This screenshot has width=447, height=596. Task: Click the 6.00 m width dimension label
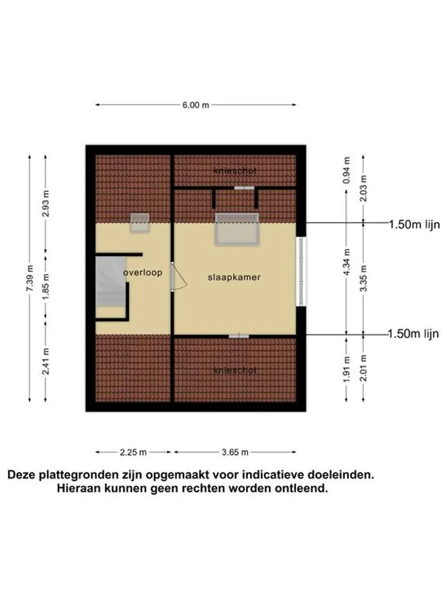[196, 105]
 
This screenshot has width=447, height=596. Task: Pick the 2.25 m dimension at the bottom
[134, 452]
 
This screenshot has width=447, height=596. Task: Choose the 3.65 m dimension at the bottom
[235, 452]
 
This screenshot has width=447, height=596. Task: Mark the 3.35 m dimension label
[363, 278]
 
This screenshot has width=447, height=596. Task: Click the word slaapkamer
[234, 277]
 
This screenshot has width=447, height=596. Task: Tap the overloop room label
[143, 273]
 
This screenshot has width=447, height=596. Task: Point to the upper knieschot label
[235, 171]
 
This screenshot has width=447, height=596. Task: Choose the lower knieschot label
[235, 370]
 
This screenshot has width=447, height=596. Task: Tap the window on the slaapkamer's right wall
[301, 271]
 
